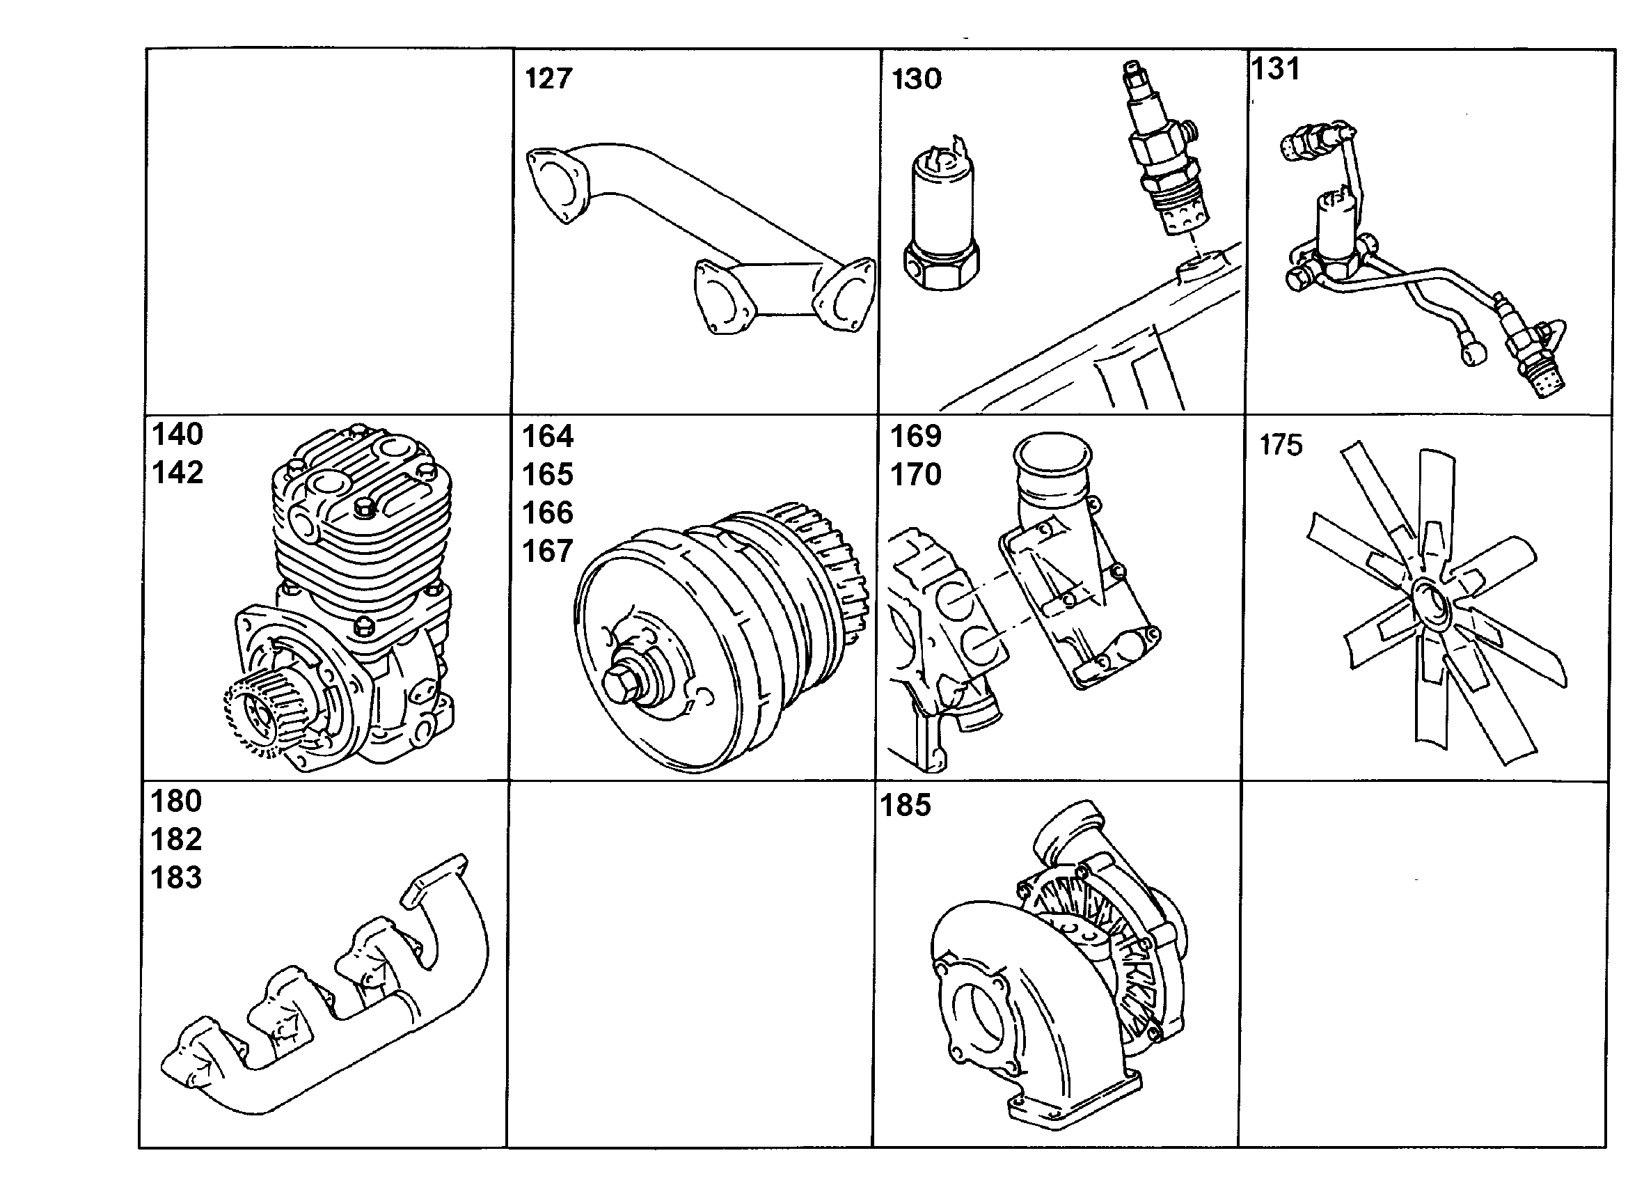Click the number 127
548,78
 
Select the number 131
1276,69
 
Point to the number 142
177,473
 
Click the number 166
548,512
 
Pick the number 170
915,475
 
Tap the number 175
1281,445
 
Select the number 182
176,840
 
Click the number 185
906,806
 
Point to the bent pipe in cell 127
700,240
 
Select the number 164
548,437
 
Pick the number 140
177,434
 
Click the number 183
176,877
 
